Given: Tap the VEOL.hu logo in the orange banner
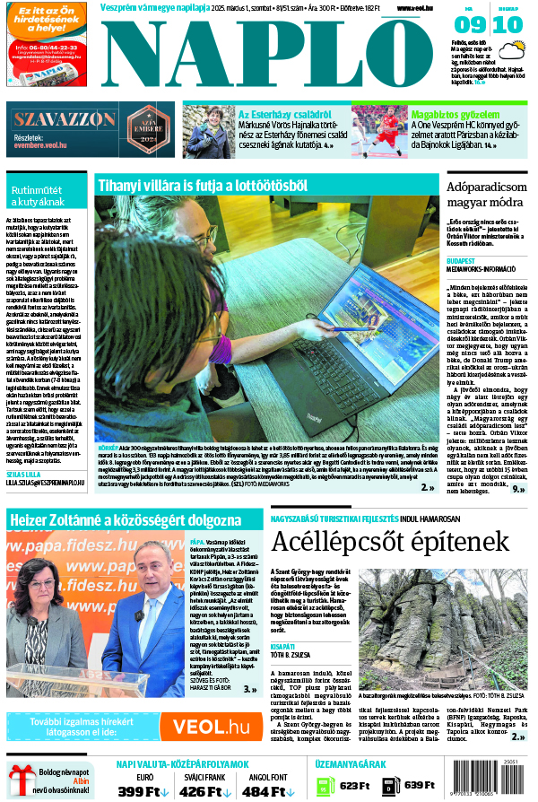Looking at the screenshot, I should click(x=212, y=726).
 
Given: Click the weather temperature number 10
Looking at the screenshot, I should click(x=507, y=25).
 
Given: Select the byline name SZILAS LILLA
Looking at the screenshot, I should click(x=22, y=472).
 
